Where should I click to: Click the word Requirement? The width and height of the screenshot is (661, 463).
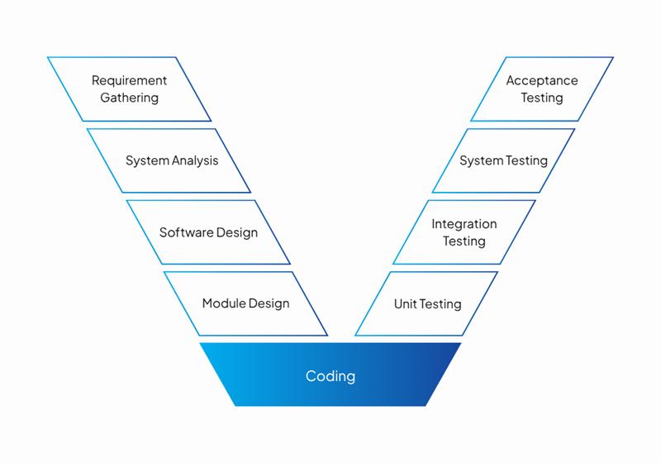(129, 80)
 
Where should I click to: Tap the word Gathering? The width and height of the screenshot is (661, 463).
(129, 98)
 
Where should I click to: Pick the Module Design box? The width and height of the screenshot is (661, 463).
(246, 303)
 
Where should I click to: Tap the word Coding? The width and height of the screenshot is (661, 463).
(330, 376)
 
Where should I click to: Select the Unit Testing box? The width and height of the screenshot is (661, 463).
(427, 304)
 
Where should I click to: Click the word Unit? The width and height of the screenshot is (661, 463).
(405, 304)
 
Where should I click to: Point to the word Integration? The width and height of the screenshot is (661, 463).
(464, 224)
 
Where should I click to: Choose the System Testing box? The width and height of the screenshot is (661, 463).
(503, 160)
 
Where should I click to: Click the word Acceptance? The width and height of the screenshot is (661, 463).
(542, 80)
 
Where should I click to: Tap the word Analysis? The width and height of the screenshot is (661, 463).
(196, 160)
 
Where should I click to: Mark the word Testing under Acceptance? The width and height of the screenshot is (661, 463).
(542, 98)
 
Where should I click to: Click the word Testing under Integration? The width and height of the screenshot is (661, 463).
(464, 241)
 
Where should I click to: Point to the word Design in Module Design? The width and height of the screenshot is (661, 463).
(269, 303)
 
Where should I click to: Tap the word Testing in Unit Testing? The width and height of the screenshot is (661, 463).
(440, 304)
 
